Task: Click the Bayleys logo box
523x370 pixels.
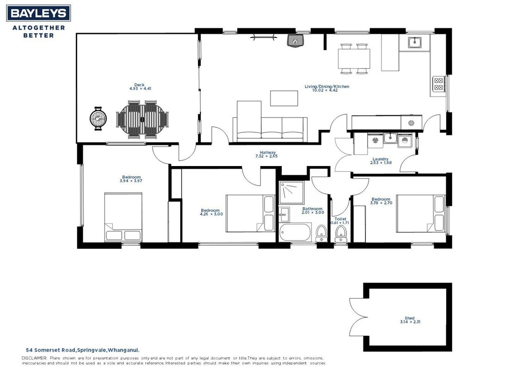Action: pos(38,13)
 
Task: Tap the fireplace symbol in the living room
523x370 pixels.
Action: pos(295,41)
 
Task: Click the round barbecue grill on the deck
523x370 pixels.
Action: pos(98,118)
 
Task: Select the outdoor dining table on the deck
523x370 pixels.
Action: pos(142,119)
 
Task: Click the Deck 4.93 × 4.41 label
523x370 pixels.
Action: pos(140,87)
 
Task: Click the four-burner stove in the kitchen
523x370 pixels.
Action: pos(438,84)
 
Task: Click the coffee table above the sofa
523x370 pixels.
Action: pos(284,99)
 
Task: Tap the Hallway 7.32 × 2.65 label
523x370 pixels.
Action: pos(266,154)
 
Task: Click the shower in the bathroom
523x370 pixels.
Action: pos(291,192)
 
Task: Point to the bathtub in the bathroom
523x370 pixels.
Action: pos(295,232)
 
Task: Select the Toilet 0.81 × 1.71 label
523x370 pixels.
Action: pos(339,221)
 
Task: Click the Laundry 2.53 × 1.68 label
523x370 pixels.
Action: pos(381,161)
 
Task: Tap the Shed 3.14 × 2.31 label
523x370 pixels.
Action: pos(410,320)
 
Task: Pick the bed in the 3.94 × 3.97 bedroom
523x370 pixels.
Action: pos(123,217)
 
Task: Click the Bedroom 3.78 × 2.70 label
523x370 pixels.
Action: pos(381,201)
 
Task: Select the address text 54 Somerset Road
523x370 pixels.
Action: pos(51,350)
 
